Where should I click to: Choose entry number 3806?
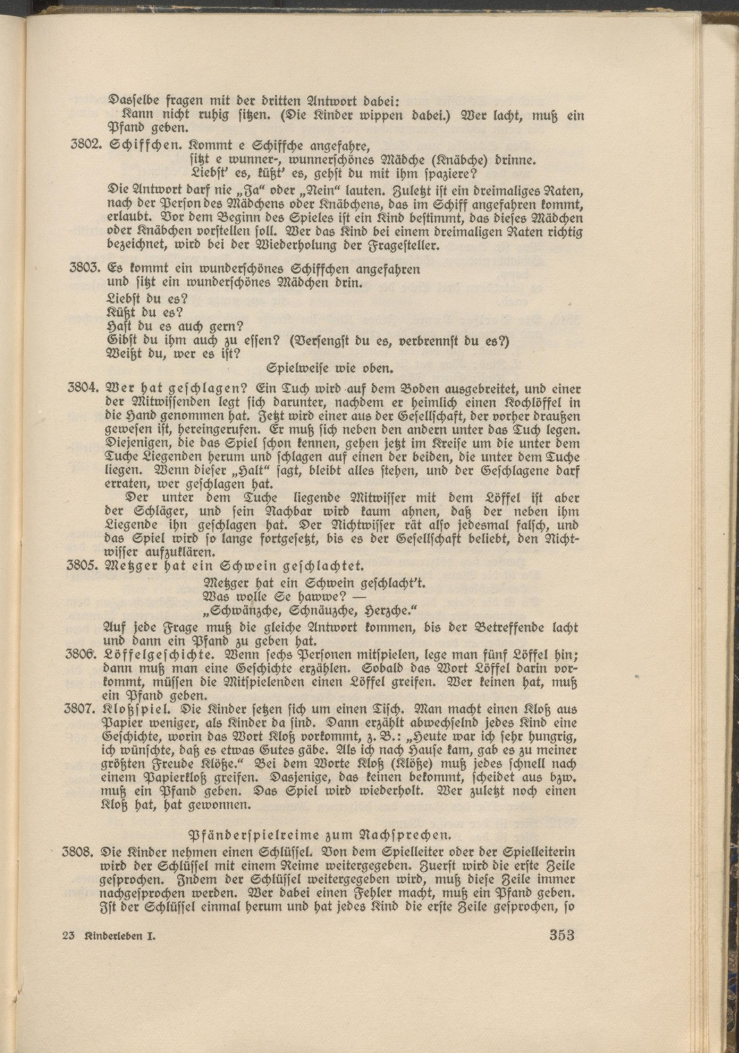coord(84,657)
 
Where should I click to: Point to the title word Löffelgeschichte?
coord(153,657)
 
